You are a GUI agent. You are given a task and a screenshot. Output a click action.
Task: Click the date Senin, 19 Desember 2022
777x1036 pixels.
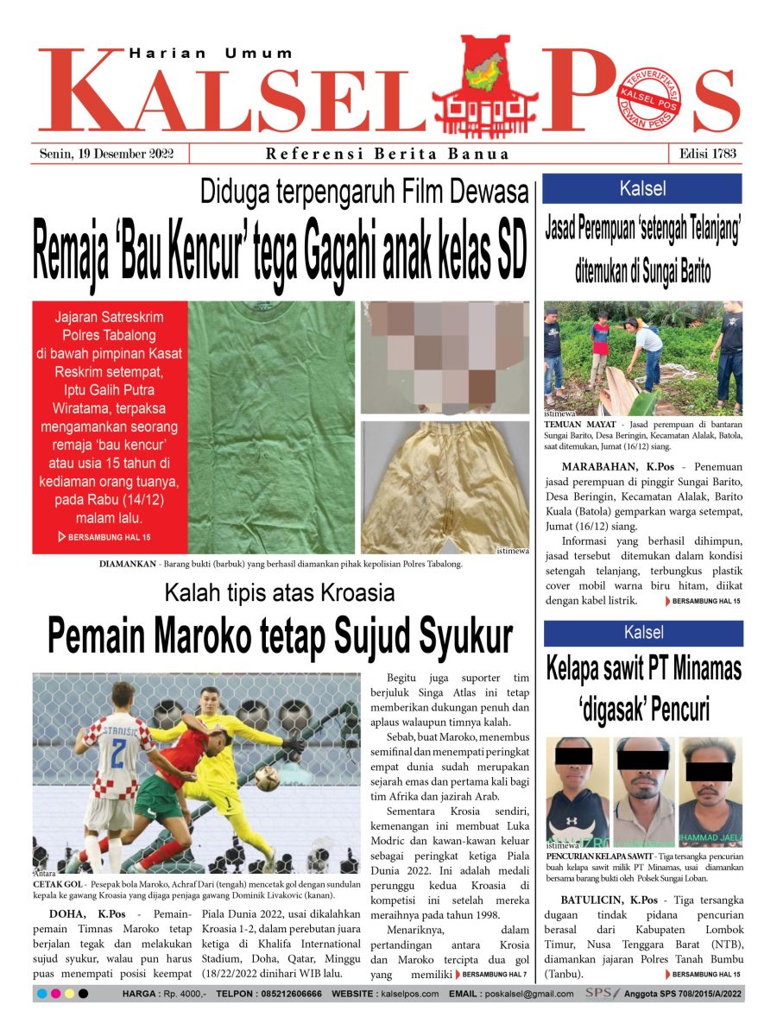pyautogui.click(x=107, y=155)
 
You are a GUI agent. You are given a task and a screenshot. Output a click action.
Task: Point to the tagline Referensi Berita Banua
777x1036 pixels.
pyautogui.click(x=387, y=155)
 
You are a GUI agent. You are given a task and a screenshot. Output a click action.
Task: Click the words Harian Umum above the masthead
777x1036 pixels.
pyautogui.click(x=211, y=54)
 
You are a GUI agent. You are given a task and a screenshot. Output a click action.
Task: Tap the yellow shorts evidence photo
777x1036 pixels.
pyautogui.click(x=445, y=487)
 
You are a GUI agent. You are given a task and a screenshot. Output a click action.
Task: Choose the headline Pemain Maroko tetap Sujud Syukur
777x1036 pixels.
pyautogui.click(x=280, y=636)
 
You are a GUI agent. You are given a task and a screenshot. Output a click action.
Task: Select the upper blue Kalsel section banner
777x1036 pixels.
pyautogui.click(x=641, y=188)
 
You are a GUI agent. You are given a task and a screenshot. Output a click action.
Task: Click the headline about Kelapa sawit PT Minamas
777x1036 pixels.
pyautogui.click(x=643, y=688)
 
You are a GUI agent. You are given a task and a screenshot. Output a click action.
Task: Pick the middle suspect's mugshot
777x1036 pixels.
pyautogui.click(x=643, y=789)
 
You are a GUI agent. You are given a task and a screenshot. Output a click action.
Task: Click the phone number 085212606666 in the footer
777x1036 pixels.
pyautogui.click(x=282, y=995)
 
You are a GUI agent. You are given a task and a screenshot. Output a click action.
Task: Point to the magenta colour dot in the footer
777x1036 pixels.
pyautogui.click(x=55, y=995)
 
